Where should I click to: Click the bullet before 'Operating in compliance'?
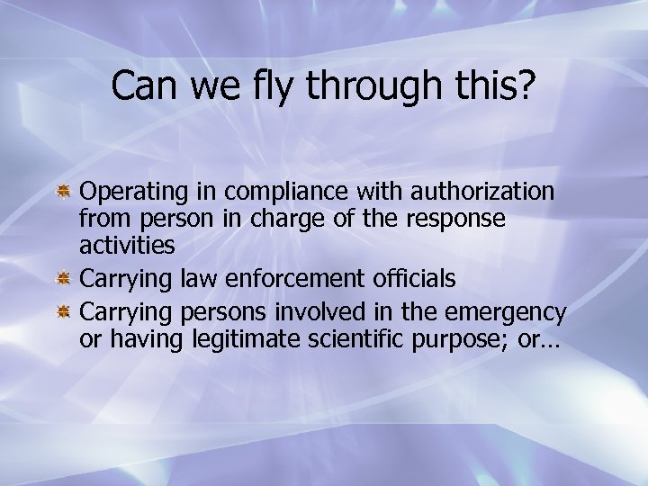pos(65,193)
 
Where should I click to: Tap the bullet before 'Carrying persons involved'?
pos(65,312)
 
